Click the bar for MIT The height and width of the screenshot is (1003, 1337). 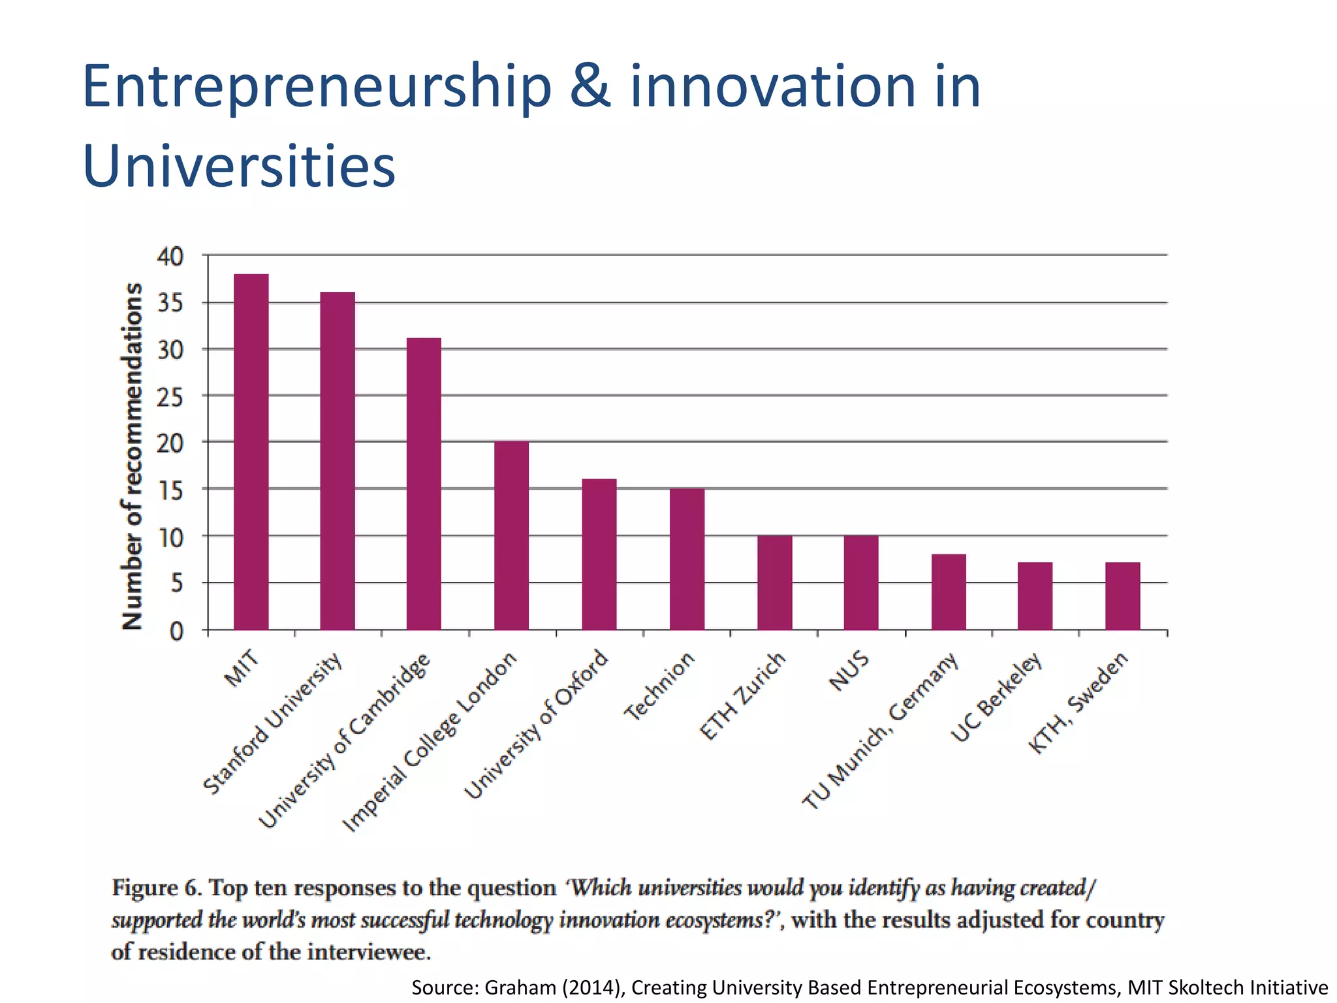point(251,452)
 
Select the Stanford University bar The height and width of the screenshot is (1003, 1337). point(338,461)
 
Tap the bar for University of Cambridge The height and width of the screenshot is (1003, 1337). point(424,484)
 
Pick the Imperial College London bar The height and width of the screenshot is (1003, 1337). point(511,535)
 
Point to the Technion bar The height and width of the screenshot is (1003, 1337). point(687,559)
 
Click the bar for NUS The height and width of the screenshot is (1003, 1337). point(861,582)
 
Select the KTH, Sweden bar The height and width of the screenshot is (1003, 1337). point(1122,596)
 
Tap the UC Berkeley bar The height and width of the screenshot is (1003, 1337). point(1035,596)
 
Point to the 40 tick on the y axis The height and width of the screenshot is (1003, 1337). point(170,257)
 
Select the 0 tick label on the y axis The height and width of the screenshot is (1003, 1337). point(176,631)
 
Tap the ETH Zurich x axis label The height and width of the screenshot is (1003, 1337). point(742,696)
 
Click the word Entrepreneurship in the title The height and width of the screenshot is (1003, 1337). point(317,87)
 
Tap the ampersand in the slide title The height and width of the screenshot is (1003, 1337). point(590,87)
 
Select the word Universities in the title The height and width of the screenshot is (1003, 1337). point(239,165)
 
